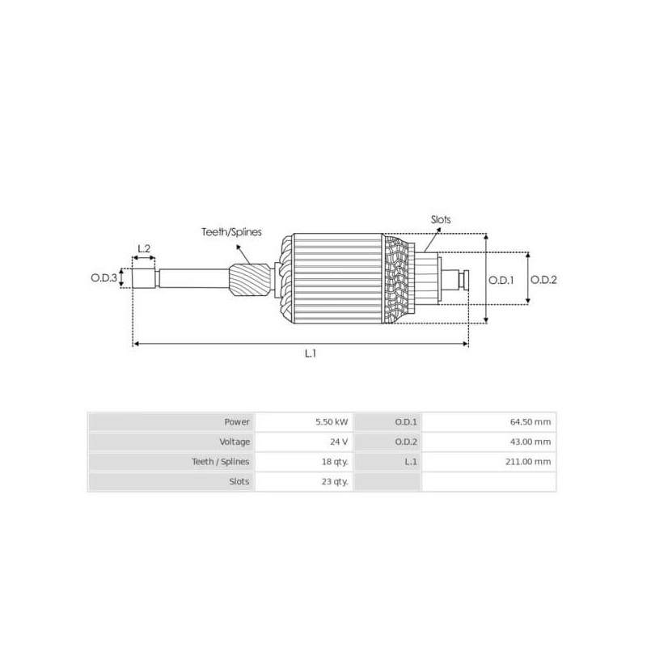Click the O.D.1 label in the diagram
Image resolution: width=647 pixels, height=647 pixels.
pos(502,280)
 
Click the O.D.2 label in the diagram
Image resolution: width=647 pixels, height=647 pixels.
pos(544,280)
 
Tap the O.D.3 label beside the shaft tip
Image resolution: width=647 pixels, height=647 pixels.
pos(104,278)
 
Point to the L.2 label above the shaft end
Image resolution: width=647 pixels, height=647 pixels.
pos(144,248)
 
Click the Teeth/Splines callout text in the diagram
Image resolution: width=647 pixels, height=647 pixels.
pos(232,232)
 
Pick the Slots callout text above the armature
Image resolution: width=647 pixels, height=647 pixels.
pos(441,219)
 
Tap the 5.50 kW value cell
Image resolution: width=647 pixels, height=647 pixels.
pos(332,421)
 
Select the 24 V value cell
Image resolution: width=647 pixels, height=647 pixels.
pos(339,442)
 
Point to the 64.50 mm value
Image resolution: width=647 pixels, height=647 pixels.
pos(531,421)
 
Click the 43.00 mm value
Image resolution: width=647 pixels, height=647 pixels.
pos(531,442)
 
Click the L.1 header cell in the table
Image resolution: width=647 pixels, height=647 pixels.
pos(407,461)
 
